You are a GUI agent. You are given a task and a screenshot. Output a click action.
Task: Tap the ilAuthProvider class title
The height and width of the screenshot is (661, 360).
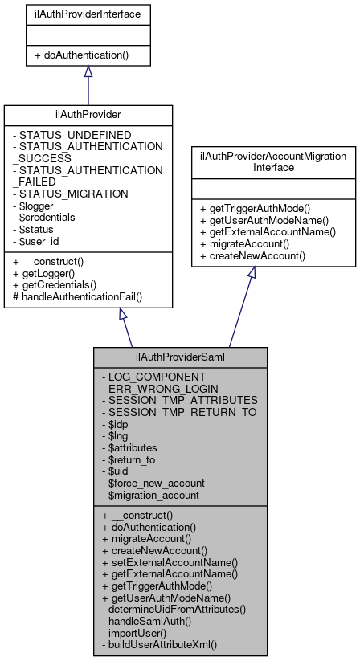(x=88, y=116)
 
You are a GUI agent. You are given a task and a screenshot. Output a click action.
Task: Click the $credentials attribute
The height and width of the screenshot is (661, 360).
(x=46, y=217)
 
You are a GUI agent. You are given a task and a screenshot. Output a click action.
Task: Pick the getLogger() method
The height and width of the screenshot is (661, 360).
(x=48, y=273)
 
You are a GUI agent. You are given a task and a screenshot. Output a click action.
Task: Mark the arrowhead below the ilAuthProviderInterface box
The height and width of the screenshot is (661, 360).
(x=88, y=72)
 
